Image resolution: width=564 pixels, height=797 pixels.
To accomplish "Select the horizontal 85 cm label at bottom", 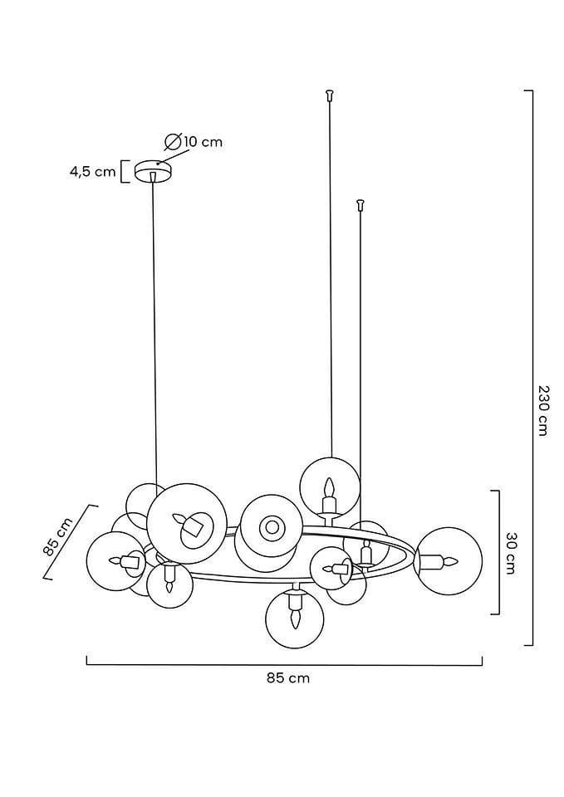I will coord(288,677).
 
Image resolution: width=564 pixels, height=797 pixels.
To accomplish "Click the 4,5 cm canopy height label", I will coord(92,172).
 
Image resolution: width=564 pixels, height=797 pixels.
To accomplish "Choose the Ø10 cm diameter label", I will coord(194,141).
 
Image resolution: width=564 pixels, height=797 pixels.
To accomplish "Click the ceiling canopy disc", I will coord(152,170).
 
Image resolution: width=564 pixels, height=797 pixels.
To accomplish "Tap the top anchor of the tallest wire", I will coord(330,94).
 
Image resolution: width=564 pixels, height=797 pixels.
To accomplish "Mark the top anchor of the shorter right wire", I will coord(360,203).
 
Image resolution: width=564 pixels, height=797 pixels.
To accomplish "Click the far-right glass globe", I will coord(448,560).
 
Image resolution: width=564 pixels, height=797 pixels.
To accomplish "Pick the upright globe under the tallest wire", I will coord(330,487).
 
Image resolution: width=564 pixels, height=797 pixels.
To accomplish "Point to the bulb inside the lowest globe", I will coord(294,614).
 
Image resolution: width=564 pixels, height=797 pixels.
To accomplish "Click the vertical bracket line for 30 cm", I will coord(497,553).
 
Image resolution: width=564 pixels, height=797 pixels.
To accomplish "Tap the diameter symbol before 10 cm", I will coord(173,141).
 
